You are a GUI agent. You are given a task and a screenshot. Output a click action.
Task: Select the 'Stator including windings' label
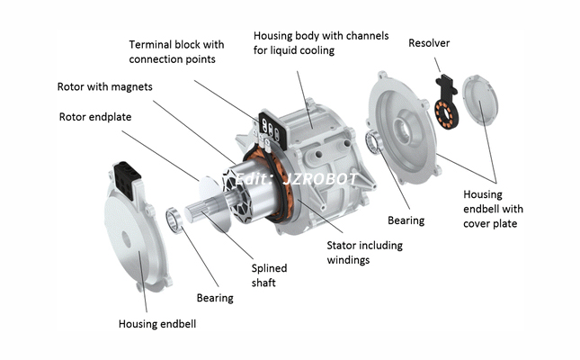click(x=363, y=253)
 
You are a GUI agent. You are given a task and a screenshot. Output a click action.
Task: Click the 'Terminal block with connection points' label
click(x=176, y=51)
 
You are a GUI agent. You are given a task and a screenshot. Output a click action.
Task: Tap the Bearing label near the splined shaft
click(x=214, y=297)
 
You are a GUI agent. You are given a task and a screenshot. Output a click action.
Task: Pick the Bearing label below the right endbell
click(x=405, y=220)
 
